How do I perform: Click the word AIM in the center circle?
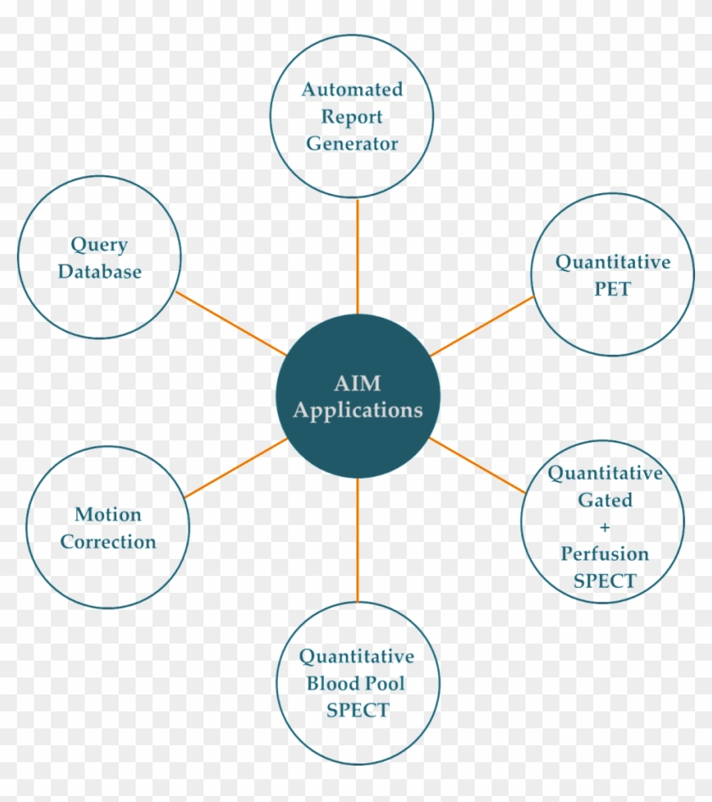(x=358, y=384)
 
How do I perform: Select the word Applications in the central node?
(x=358, y=411)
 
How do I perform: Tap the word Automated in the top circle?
(x=352, y=89)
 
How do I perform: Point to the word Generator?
(x=352, y=143)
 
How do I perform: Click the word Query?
(x=99, y=246)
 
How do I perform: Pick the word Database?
(x=99, y=273)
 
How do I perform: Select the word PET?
(x=612, y=289)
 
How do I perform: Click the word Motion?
(x=108, y=514)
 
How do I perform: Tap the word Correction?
(x=108, y=541)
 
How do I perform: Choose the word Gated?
(x=604, y=500)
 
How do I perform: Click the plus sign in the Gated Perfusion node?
(x=604, y=527)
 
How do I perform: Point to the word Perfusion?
(x=604, y=554)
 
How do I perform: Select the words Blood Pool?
(x=356, y=683)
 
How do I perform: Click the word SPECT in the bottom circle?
(x=356, y=710)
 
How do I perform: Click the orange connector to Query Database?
(x=231, y=324)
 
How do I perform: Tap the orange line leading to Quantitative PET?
(x=481, y=326)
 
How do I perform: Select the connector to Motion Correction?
(x=236, y=467)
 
